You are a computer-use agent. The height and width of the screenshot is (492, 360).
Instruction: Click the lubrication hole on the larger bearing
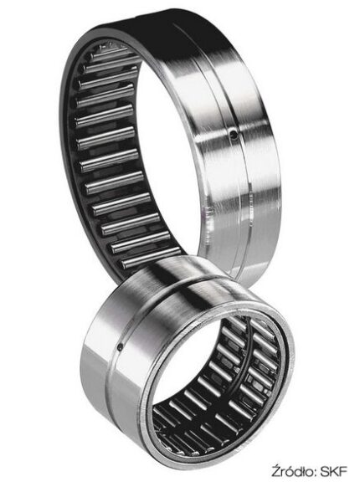[234, 135]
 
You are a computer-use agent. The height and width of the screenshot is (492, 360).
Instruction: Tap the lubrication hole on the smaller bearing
[121, 346]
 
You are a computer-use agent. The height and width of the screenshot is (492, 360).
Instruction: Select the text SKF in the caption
[334, 480]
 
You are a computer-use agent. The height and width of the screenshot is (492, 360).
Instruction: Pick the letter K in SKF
[334, 480]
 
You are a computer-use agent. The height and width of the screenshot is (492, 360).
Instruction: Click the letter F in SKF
[343, 480]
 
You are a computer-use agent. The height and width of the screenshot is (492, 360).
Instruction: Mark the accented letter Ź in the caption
[276, 479]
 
